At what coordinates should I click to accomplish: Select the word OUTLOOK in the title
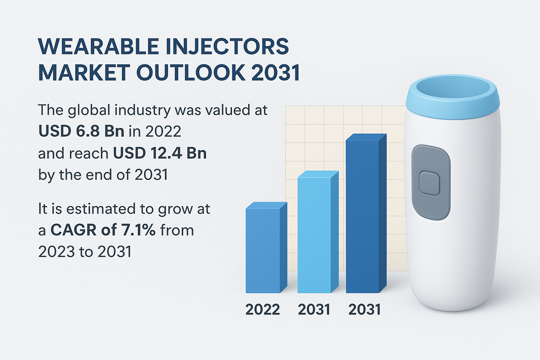point(191,73)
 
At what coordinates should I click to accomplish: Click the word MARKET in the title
point(84,73)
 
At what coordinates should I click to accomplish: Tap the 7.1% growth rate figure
point(139,230)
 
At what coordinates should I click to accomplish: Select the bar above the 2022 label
point(263,250)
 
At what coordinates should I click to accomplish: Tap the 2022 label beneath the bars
point(263,310)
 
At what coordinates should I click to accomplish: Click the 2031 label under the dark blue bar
point(365,310)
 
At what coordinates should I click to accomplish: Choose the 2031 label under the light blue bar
point(314,310)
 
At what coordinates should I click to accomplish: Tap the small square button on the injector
point(430,183)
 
